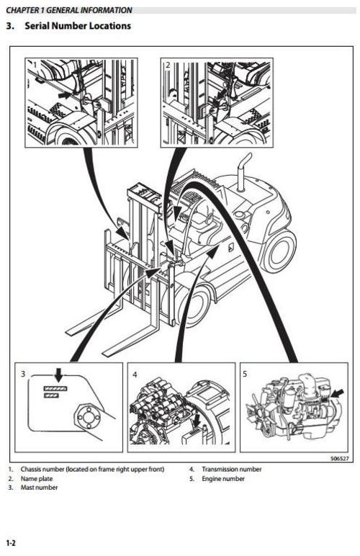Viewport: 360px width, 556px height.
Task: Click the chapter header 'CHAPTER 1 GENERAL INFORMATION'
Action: pyautogui.click(x=68, y=10)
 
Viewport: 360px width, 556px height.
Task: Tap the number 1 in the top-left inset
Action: pyautogui.click(x=33, y=65)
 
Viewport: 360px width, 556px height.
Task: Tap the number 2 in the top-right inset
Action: pyautogui.click(x=168, y=65)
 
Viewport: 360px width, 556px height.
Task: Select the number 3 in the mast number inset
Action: pyautogui.click(x=24, y=374)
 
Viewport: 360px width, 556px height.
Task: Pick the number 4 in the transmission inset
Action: pyautogui.click(x=135, y=374)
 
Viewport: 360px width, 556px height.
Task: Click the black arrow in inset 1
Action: pyautogui.click(x=66, y=94)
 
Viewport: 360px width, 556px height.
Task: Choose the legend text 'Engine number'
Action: pyautogui.click(x=222, y=478)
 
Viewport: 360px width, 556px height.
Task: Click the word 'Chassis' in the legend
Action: pyautogui.click(x=32, y=469)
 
